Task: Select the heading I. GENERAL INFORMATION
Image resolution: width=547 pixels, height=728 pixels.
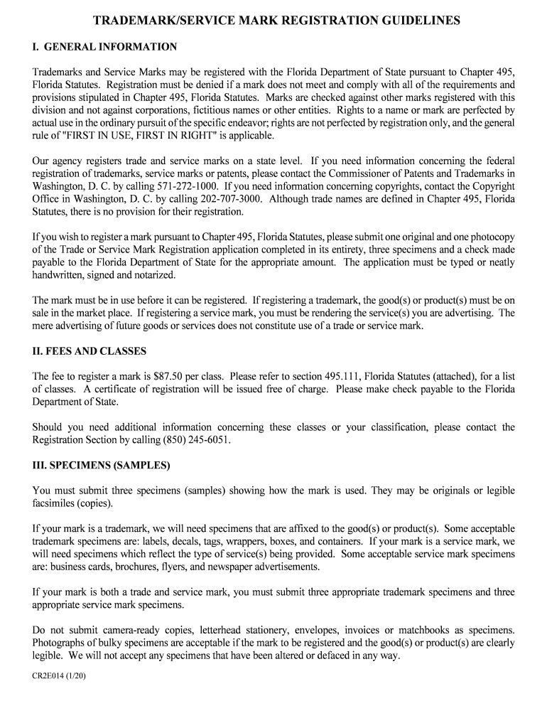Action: pos(104,47)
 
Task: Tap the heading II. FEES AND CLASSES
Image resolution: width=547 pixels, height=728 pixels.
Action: pos(90,351)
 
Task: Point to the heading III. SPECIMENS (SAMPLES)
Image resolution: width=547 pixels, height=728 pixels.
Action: pos(102,466)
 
